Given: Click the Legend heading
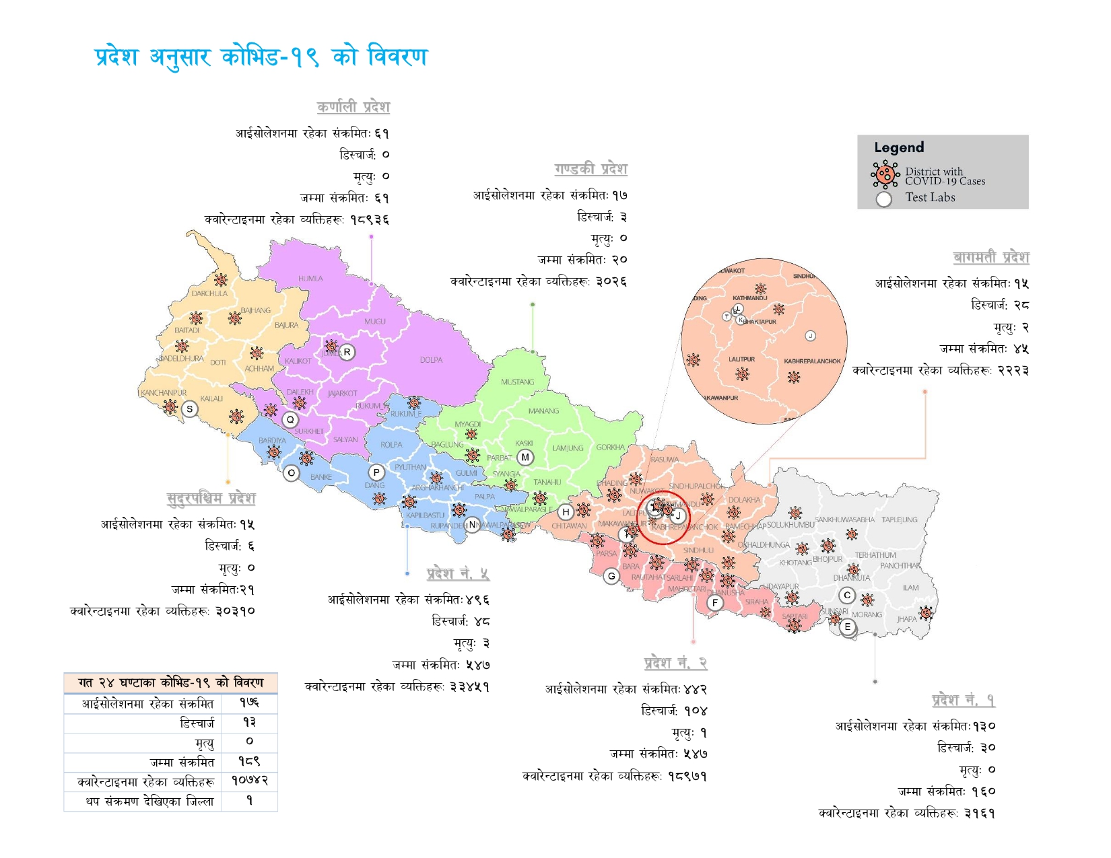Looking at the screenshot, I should pyautogui.click(x=899, y=147).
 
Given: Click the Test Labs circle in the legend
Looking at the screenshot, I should pyautogui.click(x=884, y=199).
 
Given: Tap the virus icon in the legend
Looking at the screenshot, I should pyautogui.click(x=885, y=175).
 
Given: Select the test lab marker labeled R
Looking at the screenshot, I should pyautogui.click(x=347, y=352).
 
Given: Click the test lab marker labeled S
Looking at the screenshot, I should pyautogui.click(x=190, y=408).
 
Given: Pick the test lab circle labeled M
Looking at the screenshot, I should pyautogui.click(x=525, y=458).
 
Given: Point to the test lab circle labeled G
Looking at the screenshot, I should pyautogui.click(x=611, y=576).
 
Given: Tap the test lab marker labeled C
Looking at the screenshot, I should pyautogui.click(x=847, y=595).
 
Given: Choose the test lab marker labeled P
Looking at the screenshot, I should pyautogui.click(x=376, y=472).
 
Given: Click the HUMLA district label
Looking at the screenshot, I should pyautogui.click(x=310, y=279).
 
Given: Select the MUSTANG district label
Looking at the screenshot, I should pyautogui.click(x=517, y=382).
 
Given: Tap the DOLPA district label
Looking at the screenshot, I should pyautogui.click(x=431, y=360).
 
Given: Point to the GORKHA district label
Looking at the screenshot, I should pyautogui.click(x=610, y=448).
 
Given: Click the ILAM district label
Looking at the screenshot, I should pyautogui.click(x=910, y=587).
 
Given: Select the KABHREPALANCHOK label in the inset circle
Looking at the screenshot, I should pyautogui.click(x=812, y=361).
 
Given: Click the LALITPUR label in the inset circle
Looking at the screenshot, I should pyautogui.click(x=741, y=359).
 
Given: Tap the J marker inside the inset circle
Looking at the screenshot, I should pyautogui.click(x=811, y=336).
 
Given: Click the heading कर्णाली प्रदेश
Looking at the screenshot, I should pyautogui.click(x=353, y=107).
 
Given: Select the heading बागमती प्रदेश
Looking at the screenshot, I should pyautogui.click(x=991, y=258).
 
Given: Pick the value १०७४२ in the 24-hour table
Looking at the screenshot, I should pyautogui.click(x=250, y=781).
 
